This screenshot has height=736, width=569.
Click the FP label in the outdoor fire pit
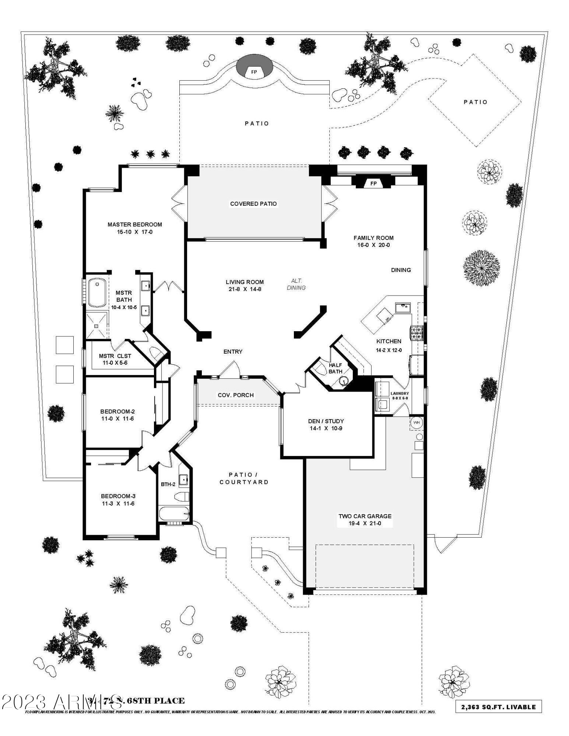[x=254, y=72]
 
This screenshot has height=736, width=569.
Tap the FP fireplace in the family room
[x=373, y=183]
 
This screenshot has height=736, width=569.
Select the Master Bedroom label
[x=134, y=224]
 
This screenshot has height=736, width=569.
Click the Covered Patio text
[x=253, y=204]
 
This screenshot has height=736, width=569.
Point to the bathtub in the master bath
[x=97, y=293]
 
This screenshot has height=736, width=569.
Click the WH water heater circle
[x=417, y=422]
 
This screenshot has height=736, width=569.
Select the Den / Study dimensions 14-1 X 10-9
[x=326, y=428]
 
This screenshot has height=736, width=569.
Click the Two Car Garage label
[x=365, y=516]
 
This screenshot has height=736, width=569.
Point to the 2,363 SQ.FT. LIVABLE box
[x=498, y=707]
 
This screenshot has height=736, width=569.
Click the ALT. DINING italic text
[x=296, y=284]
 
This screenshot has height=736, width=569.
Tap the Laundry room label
[x=400, y=393]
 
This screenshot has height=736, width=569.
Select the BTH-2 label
[x=168, y=484]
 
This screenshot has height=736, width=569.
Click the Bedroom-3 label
[x=118, y=496]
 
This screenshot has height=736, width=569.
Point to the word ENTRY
[x=233, y=351]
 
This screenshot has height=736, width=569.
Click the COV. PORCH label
[x=236, y=395]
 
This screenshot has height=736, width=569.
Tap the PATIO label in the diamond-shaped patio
[x=475, y=102]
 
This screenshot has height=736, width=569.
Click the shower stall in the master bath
[x=96, y=325]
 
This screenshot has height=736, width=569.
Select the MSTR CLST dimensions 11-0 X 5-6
[x=115, y=363]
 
